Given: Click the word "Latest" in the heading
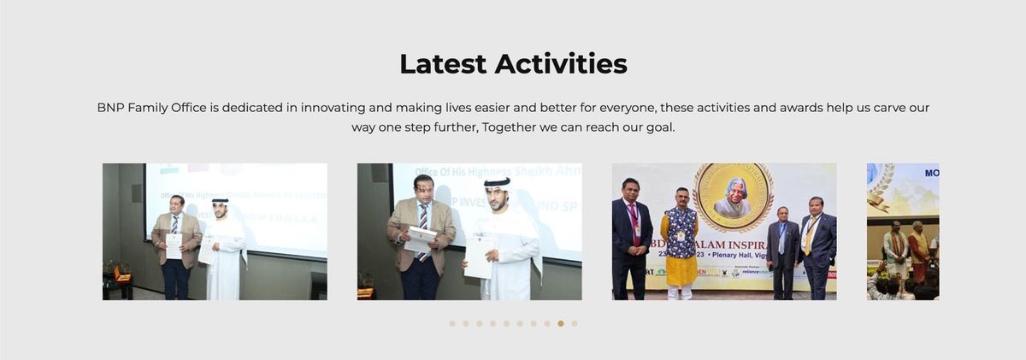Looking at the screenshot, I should pyautogui.click(x=443, y=63).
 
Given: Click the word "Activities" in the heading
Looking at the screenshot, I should pyautogui.click(x=561, y=63).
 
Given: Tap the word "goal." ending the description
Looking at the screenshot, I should pyautogui.click(x=658, y=127).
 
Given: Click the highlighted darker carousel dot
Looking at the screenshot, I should pyautogui.click(x=561, y=323).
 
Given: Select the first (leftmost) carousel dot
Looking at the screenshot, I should pyautogui.click(x=452, y=323).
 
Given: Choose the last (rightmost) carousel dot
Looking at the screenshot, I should pyautogui.click(x=575, y=323).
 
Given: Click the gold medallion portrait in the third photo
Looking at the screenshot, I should pyautogui.click(x=732, y=197).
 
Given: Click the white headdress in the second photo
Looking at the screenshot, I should pyautogui.click(x=497, y=181).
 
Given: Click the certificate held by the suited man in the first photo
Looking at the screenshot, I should pyautogui.click(x=174, y=246).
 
